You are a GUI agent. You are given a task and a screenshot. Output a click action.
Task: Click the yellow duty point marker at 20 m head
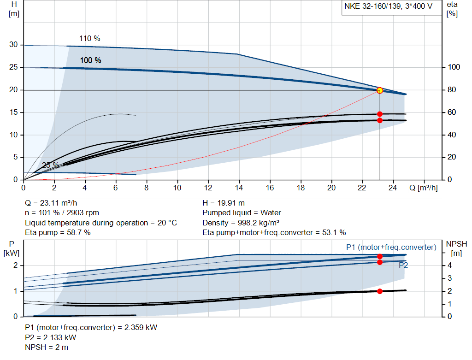[x=380, y=90]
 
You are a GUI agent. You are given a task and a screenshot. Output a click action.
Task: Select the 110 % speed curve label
[x=89, y=39]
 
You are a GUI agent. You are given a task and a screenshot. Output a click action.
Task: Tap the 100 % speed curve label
[x=90, y=60]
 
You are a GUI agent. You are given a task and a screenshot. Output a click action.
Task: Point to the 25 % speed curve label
[x=50, y=165]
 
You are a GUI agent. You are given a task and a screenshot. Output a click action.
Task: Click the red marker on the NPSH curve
[x=380, y=291]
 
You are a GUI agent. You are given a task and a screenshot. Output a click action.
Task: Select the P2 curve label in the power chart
[x=403, y=265]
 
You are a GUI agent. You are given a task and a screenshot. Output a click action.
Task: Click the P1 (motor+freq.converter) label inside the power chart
[x=391, y=248]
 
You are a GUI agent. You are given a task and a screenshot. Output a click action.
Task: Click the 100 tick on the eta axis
[x=454, y=67]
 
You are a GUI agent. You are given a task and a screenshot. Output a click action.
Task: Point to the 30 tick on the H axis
[x=13, y=45]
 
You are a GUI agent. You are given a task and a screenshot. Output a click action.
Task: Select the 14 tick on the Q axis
[x=239, y=188]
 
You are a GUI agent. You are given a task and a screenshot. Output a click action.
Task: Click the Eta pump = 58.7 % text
[x=58, y=232]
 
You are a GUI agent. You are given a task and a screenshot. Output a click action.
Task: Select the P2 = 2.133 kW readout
[x=51, y=337]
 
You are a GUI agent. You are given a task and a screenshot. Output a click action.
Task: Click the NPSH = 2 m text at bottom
[x=47, y=347]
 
